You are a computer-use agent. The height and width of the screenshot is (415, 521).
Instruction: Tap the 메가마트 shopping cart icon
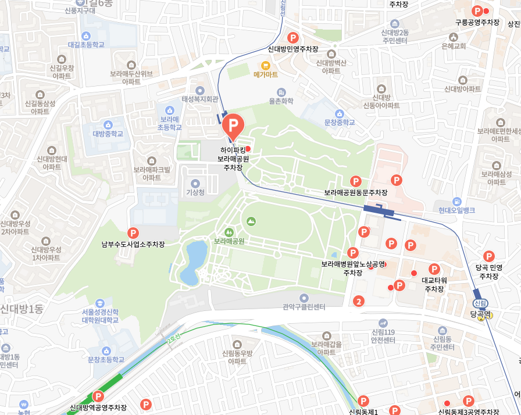266,65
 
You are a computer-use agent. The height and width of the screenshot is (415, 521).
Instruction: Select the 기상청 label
195,192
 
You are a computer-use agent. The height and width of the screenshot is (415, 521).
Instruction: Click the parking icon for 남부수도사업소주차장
133,233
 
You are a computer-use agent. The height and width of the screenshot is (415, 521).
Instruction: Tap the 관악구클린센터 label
304,306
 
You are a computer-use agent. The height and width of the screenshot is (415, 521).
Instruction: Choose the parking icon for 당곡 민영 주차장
489,256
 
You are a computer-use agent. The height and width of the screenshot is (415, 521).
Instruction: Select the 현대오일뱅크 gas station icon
457,201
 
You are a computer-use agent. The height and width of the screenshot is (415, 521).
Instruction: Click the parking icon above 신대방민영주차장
293,38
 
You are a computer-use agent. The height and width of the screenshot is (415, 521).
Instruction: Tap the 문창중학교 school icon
340,113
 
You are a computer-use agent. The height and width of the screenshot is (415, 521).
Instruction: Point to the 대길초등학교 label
86,44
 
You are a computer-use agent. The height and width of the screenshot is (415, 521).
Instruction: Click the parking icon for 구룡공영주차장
477,11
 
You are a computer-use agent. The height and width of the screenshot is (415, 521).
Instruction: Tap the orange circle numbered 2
359,301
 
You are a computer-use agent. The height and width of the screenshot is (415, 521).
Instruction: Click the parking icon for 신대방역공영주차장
98,396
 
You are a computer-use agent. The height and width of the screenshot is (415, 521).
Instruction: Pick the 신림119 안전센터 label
383,336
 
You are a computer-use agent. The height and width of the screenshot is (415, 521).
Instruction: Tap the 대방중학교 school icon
108,124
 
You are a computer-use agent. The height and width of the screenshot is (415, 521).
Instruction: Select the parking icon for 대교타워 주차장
434,269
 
